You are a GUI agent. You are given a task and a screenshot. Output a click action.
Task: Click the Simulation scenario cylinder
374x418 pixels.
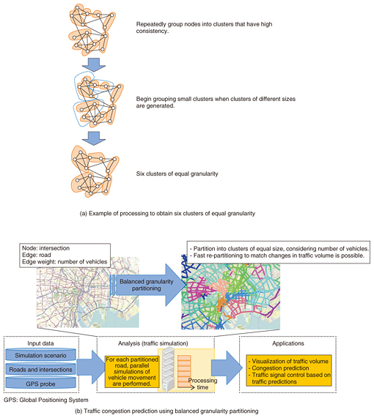tap(40, 355)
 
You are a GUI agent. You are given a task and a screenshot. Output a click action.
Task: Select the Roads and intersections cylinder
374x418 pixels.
tap(40, 370)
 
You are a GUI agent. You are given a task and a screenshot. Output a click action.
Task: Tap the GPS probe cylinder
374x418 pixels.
tap(40, 384)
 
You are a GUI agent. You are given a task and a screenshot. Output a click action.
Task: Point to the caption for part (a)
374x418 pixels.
tap(167, 214)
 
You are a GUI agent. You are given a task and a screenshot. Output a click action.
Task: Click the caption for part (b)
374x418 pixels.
tap(166, 411)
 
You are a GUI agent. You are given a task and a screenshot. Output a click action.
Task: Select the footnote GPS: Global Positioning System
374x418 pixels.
tap(46, 400)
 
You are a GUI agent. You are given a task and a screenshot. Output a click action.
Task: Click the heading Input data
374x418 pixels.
tap(40, 343)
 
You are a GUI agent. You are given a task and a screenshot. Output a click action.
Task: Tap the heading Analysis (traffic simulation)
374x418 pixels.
tap(153, 343)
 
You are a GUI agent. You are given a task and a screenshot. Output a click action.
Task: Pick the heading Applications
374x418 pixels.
tap(288, 343)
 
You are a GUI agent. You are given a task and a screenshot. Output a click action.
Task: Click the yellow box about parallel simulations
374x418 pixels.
tap(132, 371)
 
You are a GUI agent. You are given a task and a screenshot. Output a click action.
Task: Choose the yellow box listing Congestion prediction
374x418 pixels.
tap(289, 370)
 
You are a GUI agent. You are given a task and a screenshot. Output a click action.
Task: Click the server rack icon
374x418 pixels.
tap(169, 369)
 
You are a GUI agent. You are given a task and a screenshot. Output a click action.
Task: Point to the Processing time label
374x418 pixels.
tap(202, 384)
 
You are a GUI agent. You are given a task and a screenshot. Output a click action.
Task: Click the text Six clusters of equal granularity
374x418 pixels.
tap(177, 173)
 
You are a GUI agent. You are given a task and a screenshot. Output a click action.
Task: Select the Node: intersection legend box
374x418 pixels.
tap(65, 255)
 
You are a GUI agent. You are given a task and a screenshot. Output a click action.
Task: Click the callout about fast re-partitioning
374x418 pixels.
tap(279, 252)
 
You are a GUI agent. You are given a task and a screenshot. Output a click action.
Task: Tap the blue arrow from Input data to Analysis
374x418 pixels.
tap(90, 367)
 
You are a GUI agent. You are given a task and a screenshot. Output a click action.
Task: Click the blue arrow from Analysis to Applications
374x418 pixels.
tap(227, 367)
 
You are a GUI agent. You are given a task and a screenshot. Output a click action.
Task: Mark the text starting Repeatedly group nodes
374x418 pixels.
tap(204, 28)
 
